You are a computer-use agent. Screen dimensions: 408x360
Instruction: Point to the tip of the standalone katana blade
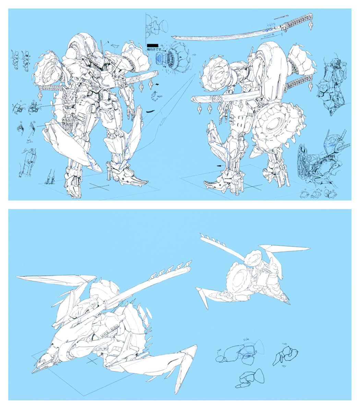[x=173, y=38]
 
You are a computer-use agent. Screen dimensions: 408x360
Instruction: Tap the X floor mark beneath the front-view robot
[x=98, y=187]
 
